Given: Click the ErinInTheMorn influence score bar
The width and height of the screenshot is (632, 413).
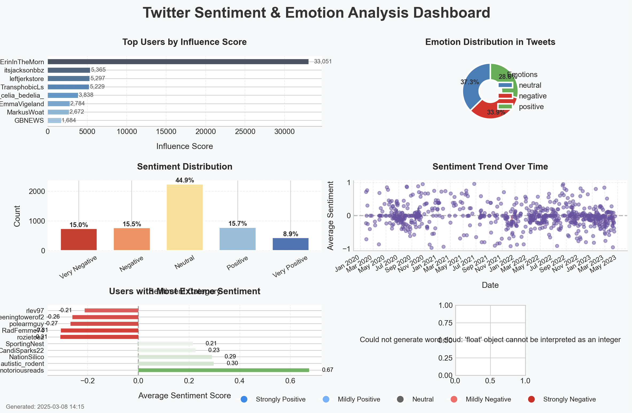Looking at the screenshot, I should point(178,62).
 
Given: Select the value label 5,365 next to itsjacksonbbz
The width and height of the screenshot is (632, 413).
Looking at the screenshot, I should point(98,70).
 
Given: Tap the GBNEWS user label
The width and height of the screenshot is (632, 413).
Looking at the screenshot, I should point(29,121).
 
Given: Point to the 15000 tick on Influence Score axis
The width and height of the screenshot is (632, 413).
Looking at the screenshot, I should point(166,132).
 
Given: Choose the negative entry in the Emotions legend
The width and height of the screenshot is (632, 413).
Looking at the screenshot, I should point(532,96).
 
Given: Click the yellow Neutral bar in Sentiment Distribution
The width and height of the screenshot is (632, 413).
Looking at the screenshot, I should point(185,217).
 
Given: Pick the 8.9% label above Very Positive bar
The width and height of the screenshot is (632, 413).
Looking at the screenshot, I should point(290,234).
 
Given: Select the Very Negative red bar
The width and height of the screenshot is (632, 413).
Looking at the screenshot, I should point(79,239).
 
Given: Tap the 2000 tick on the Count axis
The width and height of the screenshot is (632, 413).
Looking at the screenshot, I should point(37,192).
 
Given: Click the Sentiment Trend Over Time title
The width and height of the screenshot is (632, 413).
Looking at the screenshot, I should point(490,167).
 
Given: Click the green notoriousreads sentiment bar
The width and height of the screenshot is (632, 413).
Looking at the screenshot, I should point(223,370).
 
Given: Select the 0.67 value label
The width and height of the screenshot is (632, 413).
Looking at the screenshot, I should point(327,370).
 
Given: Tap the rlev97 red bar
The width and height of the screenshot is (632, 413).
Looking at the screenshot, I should point(111,310).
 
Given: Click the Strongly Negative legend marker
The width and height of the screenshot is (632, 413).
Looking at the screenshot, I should point(531,399).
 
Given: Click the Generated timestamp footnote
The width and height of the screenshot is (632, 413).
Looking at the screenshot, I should point(45,407).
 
